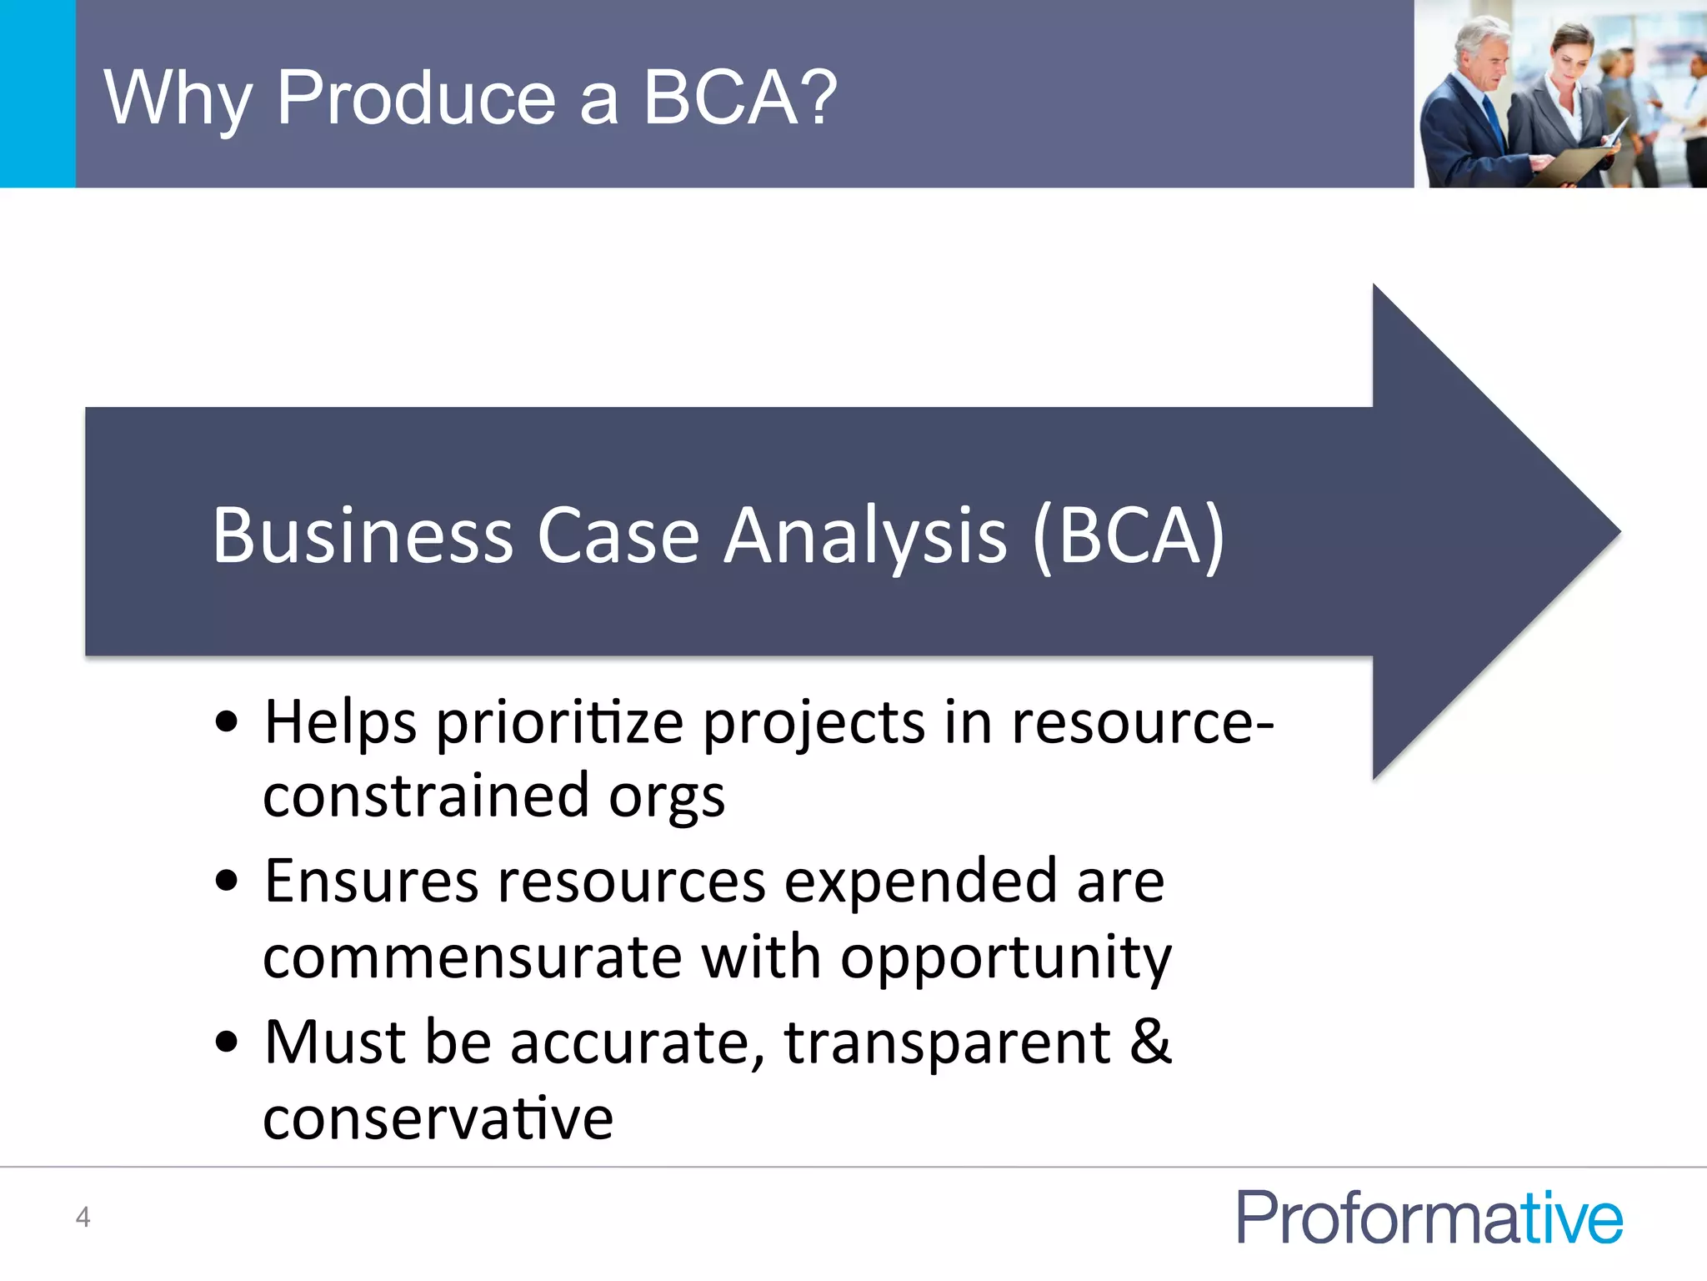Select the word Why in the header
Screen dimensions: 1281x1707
177,98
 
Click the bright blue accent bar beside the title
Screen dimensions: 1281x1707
38,93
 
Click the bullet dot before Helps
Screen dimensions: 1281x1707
226,722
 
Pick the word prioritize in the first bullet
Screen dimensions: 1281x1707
559,722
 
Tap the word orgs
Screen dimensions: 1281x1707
667,797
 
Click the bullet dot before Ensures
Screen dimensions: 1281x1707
226,881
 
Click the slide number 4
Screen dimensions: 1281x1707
83,1217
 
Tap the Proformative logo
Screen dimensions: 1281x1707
1429,1218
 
